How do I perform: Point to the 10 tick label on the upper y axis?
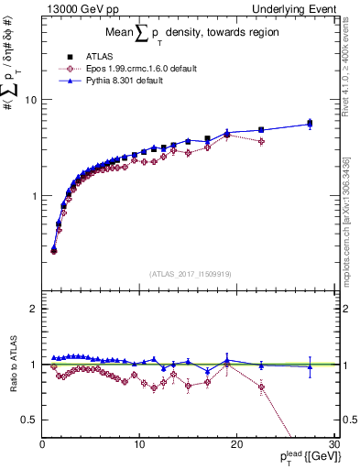pyautogui.click(x=30, y=100)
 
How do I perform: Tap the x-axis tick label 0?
pyautogui.click(x=43, y=444)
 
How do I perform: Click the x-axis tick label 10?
pyautogui.click(x=139, y=444)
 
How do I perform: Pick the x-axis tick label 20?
pyautogui.click(x=236, y=444)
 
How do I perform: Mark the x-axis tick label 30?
pyautogui.click(x=333, y=444)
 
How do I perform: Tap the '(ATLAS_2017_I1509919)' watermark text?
pyautogui.click(x=190, y=273)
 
